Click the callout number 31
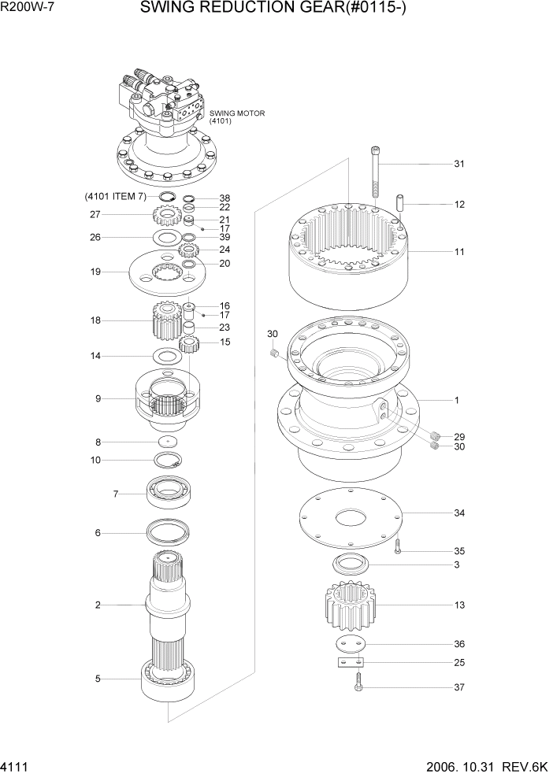click(x=458, y=164)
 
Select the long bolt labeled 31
click(x=376, y=177)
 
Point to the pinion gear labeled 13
click(x=349, y=605)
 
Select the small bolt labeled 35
click(x=399, y=547)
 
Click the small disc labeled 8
click(x=168, y=441)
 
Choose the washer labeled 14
click(x=168, y=357)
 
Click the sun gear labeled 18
click(x=163, y=321)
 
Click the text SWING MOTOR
click(x=237, y=113)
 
